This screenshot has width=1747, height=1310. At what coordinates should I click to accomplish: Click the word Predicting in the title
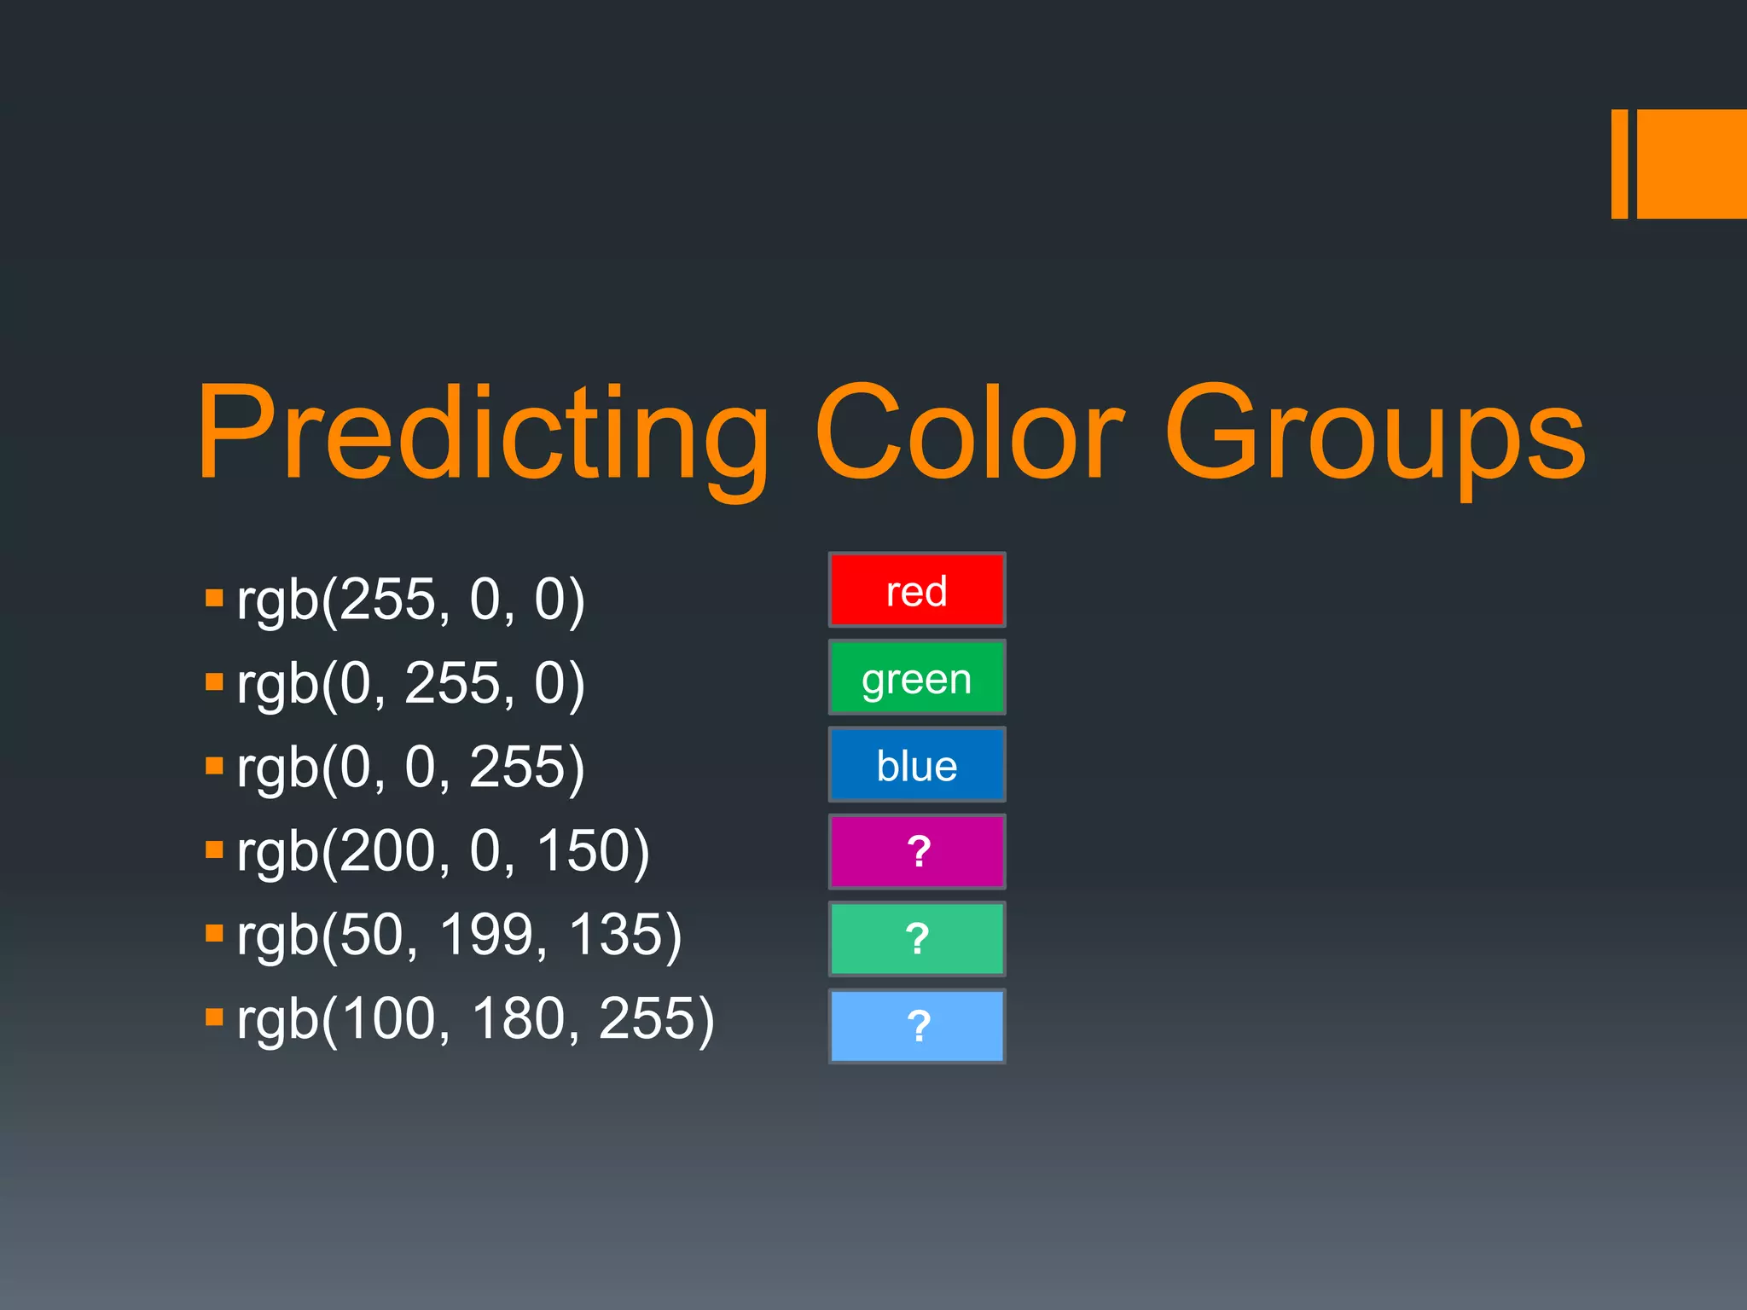tap(483, 435)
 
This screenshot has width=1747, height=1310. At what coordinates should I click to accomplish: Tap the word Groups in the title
tap(1374, 435)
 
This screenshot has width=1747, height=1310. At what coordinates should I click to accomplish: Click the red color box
tap(917, 590)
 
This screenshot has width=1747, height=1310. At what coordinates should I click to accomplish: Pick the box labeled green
tap(917, 677)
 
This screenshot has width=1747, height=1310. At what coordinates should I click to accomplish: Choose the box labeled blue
tap(917, 765)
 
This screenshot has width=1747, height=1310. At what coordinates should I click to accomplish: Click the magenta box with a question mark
tap(917, 852)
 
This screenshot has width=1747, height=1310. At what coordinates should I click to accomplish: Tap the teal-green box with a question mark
tap(917, 939)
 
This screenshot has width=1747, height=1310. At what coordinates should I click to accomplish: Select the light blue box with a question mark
tap(917, 1026)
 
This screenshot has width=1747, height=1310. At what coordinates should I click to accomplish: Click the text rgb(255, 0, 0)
tap(411, 600)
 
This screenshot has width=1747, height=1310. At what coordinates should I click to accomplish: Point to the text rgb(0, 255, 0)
tap(411, 683)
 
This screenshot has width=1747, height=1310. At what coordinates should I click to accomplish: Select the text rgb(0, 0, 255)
tap(411, 767)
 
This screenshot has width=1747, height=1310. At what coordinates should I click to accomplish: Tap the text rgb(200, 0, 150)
tap(444, 851)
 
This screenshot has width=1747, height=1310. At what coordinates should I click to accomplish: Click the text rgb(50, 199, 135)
tap(460, 935)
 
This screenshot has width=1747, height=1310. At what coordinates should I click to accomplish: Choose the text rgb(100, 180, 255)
tap(476, 1018)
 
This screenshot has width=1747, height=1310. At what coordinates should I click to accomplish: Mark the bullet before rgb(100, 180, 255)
tap(214, 1016)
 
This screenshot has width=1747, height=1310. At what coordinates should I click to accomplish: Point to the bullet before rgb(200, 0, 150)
tap(214, 849)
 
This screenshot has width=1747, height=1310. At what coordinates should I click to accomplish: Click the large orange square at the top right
tap(1692, 164)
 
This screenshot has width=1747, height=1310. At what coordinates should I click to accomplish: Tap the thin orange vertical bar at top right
tap(1619, 164)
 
